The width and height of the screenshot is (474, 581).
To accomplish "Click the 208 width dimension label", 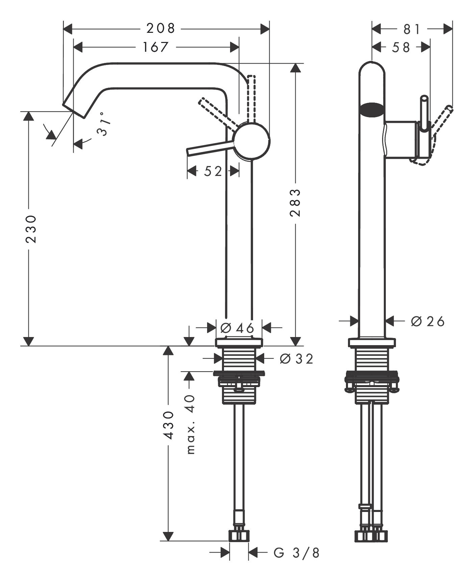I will click(x=161, y=28).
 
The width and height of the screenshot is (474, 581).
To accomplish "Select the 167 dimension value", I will click(x=155, y=47).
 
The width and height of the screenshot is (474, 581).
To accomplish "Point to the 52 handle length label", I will click(x=213, y=171).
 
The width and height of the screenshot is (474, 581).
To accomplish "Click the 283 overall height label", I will click(x=295, y=203).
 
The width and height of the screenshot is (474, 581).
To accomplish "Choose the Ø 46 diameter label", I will click(x=238, y=328).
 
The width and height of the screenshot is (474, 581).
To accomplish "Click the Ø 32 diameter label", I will click(x=296, y=359).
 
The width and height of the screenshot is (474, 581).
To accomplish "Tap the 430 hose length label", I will click(x=168, y=425).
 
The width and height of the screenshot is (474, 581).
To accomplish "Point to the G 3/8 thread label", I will click(x=296, y=553).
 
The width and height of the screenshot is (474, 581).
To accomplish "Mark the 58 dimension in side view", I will click(x=401, y=47).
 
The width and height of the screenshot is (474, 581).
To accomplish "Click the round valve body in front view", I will click(x=252, y=141).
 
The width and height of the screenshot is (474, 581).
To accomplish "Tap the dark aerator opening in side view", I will click(x=372, y=110).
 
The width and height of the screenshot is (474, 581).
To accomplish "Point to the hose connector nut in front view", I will click(x=239, y=536).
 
